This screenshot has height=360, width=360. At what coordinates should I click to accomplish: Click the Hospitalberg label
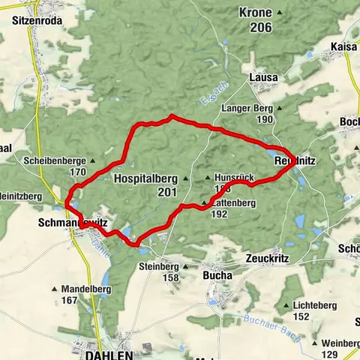pos(145,179)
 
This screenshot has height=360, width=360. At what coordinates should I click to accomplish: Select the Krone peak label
pos(255,13)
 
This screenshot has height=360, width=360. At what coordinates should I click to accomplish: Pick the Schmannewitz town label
pos(72,223)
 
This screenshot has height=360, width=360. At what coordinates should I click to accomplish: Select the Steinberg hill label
pos(159,266)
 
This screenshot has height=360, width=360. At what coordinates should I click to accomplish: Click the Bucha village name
pos(217,275)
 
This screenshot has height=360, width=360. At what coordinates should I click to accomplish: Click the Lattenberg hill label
pos(233,203)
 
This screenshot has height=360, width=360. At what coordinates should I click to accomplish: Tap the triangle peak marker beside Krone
pos(280,13)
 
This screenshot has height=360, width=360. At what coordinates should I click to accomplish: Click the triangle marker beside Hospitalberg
pos(182,179)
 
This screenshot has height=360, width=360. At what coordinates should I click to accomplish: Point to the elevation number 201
pos(166,193)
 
